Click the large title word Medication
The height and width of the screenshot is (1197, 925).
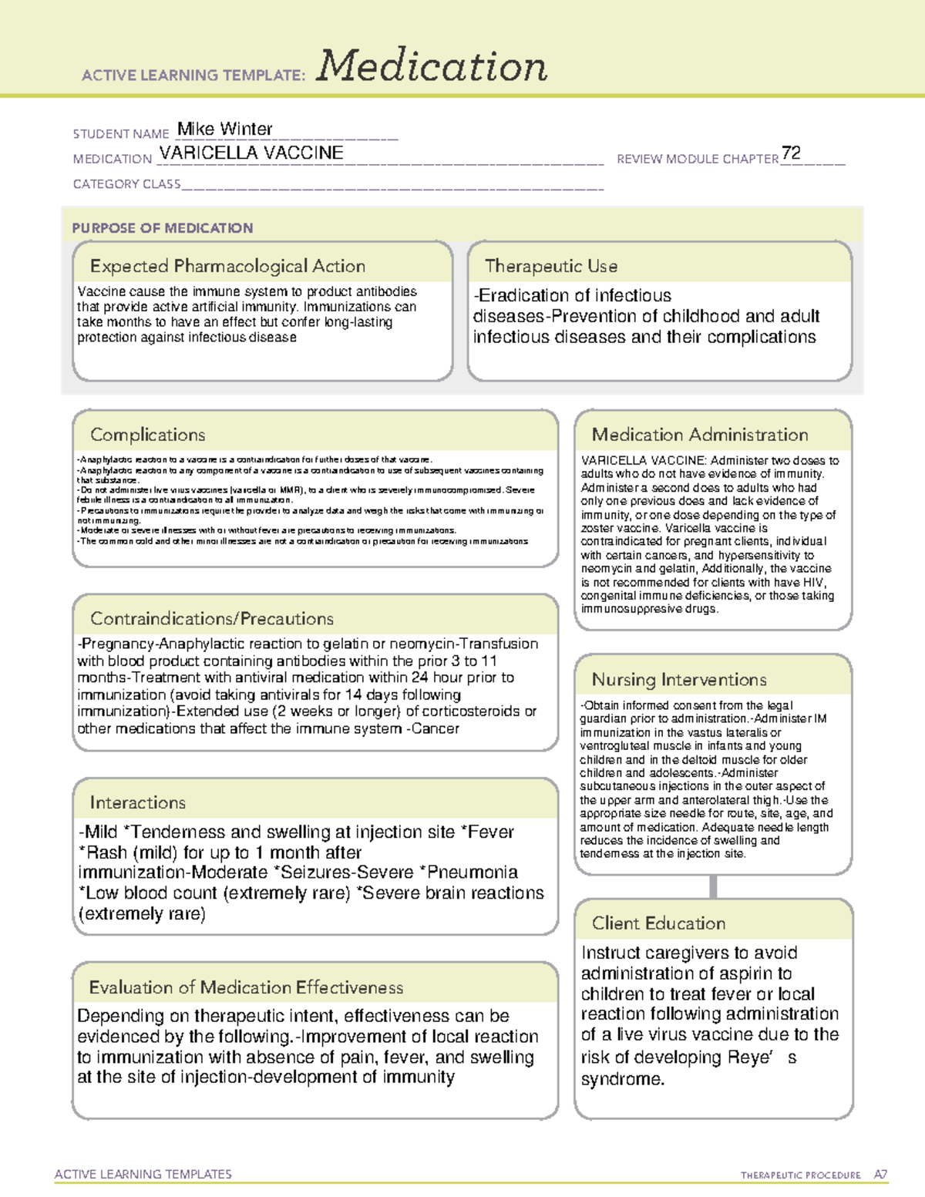click(432, 66)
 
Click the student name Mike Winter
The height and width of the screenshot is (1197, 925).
click(224, 129)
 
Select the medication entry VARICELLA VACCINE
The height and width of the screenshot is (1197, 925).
click(251, 153)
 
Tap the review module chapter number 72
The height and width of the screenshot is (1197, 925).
click(791, 153)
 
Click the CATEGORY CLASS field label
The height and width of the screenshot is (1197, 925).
click(126, 184)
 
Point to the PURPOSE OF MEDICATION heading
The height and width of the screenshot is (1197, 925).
click(162, 228)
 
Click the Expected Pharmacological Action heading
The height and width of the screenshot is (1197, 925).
click(227, 266)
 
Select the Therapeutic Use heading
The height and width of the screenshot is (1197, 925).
click(550, 266)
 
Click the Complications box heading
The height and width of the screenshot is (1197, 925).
click(147, 435)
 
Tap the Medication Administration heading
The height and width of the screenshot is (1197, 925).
click(699, 435)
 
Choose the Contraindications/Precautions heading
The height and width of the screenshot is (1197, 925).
click(211, 618)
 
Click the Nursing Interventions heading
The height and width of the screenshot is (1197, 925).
click(678, 679)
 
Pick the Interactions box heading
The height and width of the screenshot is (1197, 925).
click(137, 802)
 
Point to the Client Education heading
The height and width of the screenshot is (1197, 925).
click(658, 923)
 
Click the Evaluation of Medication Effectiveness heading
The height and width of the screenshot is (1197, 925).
click(246, 987)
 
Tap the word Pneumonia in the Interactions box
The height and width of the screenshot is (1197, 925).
click(472, 873)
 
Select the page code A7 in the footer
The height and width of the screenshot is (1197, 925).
click(880, 1175)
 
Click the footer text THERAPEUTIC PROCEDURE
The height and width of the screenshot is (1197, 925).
click(800, 1175)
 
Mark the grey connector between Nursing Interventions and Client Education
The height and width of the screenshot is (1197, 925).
click(713, 886)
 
